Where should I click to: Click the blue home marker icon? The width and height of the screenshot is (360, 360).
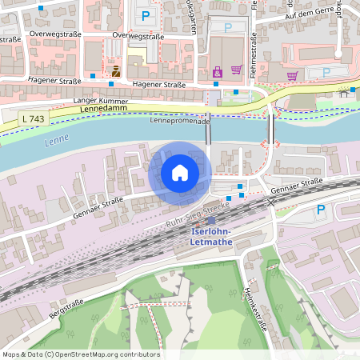pyautogui.click(x=180, y=172)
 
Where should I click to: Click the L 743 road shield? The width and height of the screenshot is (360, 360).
pyautogui.click(x=33, y=118)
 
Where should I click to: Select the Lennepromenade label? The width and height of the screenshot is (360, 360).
pyautogui.click(x=180, y=121)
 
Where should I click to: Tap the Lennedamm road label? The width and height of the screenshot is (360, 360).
pyautogui.click(x=102, y=107)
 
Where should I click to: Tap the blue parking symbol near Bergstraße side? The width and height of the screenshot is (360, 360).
pyautogui.click(x=321, y=210)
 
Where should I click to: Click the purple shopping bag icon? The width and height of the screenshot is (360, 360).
pyautogui.click(x=218, y=73)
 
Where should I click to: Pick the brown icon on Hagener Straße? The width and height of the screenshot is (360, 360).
pyautogui.click(x=116, y=71)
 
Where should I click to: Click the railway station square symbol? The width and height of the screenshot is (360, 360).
pyautogui.click(x=211, y=221)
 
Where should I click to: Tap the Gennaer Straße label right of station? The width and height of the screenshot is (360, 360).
pyautogui.click(x=297, y=186)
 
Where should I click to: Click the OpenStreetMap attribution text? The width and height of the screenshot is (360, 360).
pyautogui.click(x=81, y=354)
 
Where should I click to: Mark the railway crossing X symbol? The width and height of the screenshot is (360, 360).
pyautogui.click(x=271, y=203)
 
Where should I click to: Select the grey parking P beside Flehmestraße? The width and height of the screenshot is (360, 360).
pyautogui.click(x=229, y=27)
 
